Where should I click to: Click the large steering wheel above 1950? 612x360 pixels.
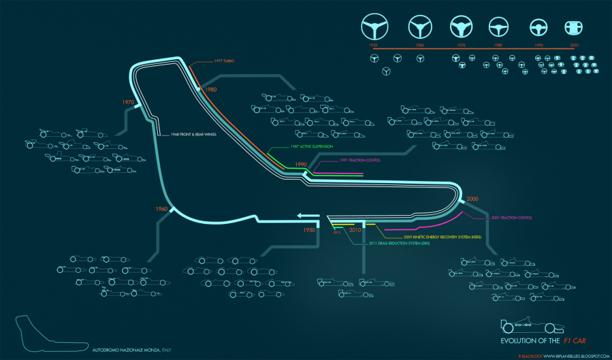coord(374,27)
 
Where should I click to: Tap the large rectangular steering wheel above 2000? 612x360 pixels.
coord(574,27)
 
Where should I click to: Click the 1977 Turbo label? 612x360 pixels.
coord(225,61)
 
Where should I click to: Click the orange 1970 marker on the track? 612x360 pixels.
coord(127,102)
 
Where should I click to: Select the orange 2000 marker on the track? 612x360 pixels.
coord(472,198)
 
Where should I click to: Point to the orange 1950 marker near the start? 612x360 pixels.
coord(310,230)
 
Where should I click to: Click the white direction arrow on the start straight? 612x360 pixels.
coord(308,217)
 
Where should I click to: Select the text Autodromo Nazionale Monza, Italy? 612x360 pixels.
coord(132,350)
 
